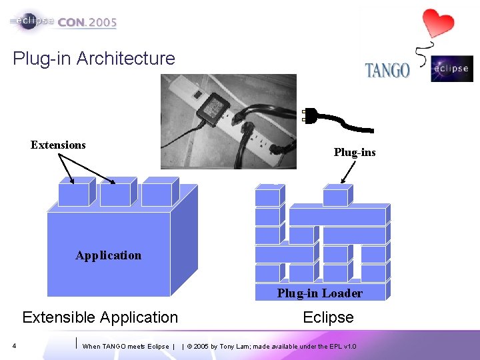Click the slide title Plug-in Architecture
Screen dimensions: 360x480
(94, 59)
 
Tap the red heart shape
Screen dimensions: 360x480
(438, 23)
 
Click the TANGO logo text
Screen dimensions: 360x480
(387, 69)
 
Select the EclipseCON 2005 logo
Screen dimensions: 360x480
(64, 21)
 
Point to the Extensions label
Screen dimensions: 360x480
(58, 145)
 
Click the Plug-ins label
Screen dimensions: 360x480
(355, 153)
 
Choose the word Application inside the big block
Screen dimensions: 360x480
(109, 255)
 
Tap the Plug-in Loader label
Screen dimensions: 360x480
(320, 293)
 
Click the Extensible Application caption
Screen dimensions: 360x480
(100, 317)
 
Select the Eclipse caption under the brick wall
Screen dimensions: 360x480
(328, 317)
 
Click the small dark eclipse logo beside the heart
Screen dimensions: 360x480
(451, 69)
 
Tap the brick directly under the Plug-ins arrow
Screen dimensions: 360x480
(335, 197)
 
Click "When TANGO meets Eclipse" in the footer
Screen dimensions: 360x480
(125, 347)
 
